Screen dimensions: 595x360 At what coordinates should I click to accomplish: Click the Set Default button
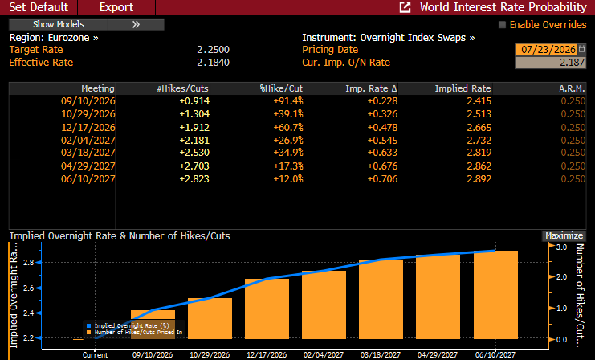coord(39,7)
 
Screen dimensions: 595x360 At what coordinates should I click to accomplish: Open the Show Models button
coord(59,25)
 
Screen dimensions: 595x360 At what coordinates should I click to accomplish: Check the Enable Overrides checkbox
coord(502,25)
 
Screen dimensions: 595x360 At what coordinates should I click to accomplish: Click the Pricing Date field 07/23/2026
coord(548,49)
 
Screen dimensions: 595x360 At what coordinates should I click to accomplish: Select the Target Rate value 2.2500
coord(213,50)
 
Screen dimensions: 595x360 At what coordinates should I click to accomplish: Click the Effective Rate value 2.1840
coord(213,63)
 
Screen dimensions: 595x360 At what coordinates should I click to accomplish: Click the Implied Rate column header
coord(463,88)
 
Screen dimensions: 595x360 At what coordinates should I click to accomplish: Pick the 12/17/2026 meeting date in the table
coord(88,128)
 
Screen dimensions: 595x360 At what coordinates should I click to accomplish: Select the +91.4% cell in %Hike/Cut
coord(288,101)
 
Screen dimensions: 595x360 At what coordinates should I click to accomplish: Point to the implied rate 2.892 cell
coord(479,179)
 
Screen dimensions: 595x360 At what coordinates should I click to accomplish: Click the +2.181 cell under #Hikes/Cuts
coord(194,141)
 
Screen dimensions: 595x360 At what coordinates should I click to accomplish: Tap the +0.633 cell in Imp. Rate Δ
coord(382,153)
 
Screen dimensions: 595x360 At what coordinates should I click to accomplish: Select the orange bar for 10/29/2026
coord(210,318)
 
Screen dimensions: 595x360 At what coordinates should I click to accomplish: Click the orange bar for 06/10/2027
coord(495,295)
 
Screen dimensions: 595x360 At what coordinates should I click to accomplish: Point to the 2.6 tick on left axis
coord(29,288)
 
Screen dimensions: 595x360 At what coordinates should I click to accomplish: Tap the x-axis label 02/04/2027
coord(324,355)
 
